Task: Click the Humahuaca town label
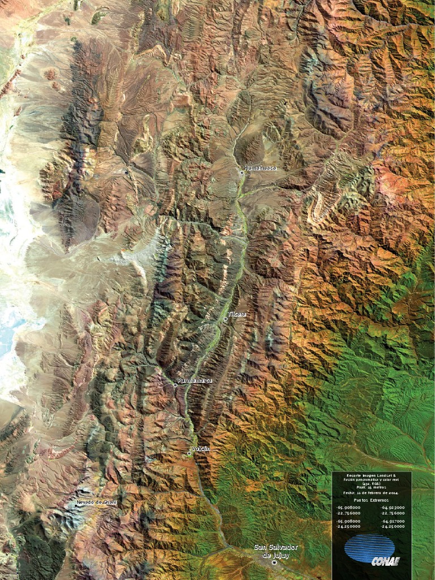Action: click(260, 168)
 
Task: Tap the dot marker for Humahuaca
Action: click(242, 173)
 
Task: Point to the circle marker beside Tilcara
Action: click(225, 319)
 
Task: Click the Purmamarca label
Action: click(195, 381)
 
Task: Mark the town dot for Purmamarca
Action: click(175, 385)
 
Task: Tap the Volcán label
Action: click(201, 449)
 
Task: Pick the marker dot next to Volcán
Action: click(189, 453)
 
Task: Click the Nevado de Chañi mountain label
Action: click(96, 502)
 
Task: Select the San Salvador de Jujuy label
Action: click(276, 551)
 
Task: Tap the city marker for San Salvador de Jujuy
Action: click(275, 562)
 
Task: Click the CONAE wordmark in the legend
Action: click(385, 561)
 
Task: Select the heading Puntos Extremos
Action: click(371, 501)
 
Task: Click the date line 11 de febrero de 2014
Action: click(371, 493)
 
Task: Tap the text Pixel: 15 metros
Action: click(371, 487)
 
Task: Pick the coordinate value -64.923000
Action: click(393, 508)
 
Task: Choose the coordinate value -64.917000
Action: click(393, 521)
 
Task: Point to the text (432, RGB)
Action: click(371, 483)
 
